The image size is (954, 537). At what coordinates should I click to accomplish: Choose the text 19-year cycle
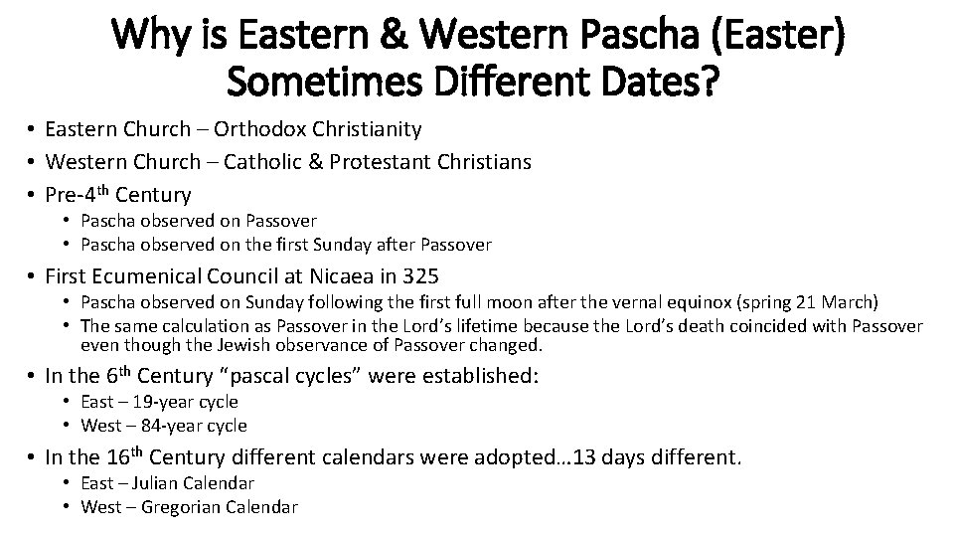(x=187, y=403)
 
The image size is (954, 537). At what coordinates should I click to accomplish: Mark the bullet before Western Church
(x=33, y=162)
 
